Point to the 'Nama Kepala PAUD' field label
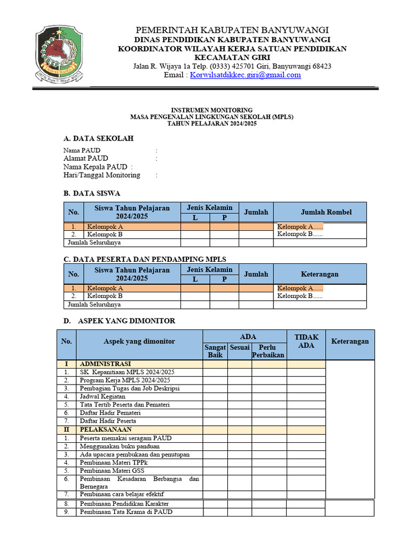96,167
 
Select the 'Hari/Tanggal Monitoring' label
102,175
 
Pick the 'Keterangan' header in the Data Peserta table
320,274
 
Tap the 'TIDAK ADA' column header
306,341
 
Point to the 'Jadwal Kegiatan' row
102,396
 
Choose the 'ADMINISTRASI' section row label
105,364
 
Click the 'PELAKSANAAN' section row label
105,429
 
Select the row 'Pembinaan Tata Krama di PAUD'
126,512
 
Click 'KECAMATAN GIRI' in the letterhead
232,57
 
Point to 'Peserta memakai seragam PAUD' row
125,438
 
